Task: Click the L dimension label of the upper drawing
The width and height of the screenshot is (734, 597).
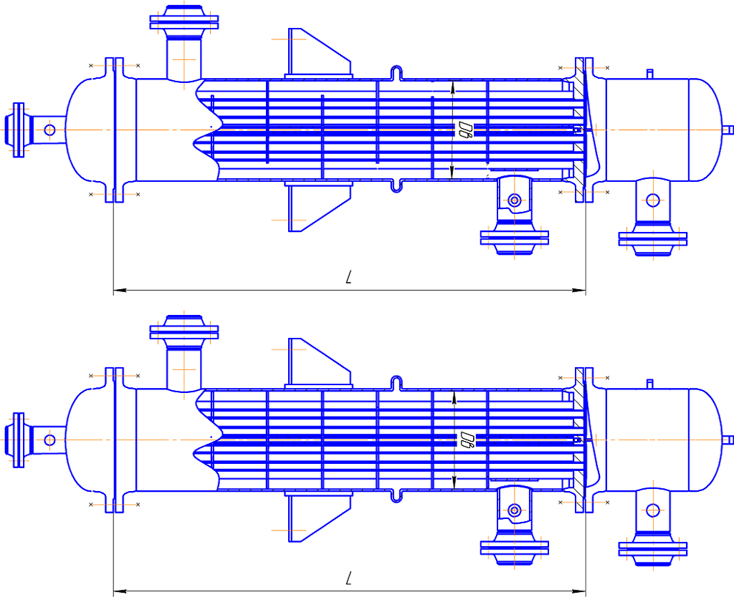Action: [x=348, y=277]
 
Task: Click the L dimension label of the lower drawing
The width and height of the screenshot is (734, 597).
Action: [x=348, y=578]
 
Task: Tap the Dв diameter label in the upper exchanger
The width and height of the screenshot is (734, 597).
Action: [x=465, y=129]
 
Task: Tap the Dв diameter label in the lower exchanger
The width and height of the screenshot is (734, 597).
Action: [x=467, y=440]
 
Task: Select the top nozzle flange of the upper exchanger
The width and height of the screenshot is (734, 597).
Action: [x=184, y=22]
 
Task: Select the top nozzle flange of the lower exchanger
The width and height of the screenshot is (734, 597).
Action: [x=184, y=332]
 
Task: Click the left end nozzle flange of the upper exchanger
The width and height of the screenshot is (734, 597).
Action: [x=19, y=130]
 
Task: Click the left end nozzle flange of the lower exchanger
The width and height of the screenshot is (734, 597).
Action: [x=19, y=440]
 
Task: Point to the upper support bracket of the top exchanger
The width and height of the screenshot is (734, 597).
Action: [x=318, y=53]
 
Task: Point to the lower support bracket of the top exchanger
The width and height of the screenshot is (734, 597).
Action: [x=318, y=207]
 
